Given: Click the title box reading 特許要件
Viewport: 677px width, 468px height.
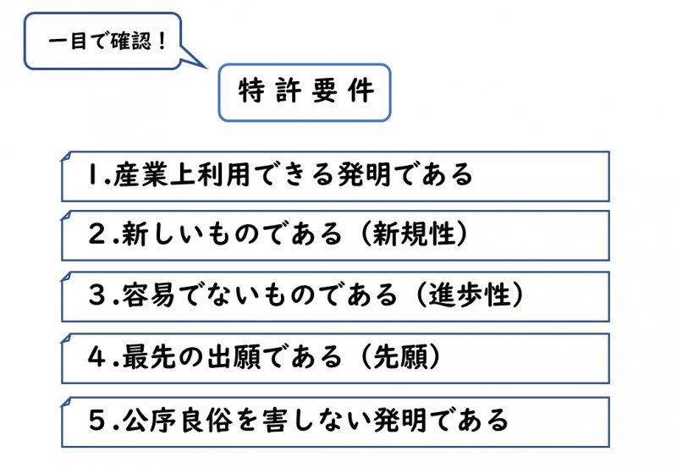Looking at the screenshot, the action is (x=305, y=92).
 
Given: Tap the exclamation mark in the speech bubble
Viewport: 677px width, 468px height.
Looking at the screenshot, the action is (x=162, y=41).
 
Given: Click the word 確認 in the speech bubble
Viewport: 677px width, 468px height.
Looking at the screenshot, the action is (x=131, y=41).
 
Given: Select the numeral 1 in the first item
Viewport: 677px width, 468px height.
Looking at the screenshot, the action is (x=93, y=174).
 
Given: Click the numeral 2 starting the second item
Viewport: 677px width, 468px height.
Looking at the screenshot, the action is (x=96, y=234).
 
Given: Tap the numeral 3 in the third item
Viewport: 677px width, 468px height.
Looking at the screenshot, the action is (x=96, y=295).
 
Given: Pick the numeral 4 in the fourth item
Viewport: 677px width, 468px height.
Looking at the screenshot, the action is (x=96, y=356).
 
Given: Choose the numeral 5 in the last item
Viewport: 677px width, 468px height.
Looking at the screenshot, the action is (x=96, y=420).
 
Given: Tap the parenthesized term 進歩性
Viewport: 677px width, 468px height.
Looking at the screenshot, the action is (x=470, y=295).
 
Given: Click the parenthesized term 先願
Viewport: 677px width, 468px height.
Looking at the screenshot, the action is (x=399, y=356).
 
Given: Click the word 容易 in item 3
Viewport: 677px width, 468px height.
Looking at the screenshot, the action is (x=149, y=295).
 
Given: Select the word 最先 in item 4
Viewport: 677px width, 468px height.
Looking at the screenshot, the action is (x=149, y=356).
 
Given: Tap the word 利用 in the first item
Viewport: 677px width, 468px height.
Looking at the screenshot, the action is (x=223, y=174).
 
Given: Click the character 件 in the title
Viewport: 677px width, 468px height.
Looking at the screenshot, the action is (x=361, y=91).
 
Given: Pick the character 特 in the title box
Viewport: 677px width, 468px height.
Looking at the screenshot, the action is (x=251, y=91).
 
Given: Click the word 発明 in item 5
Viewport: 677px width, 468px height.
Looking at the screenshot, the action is (x=400, y=420).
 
